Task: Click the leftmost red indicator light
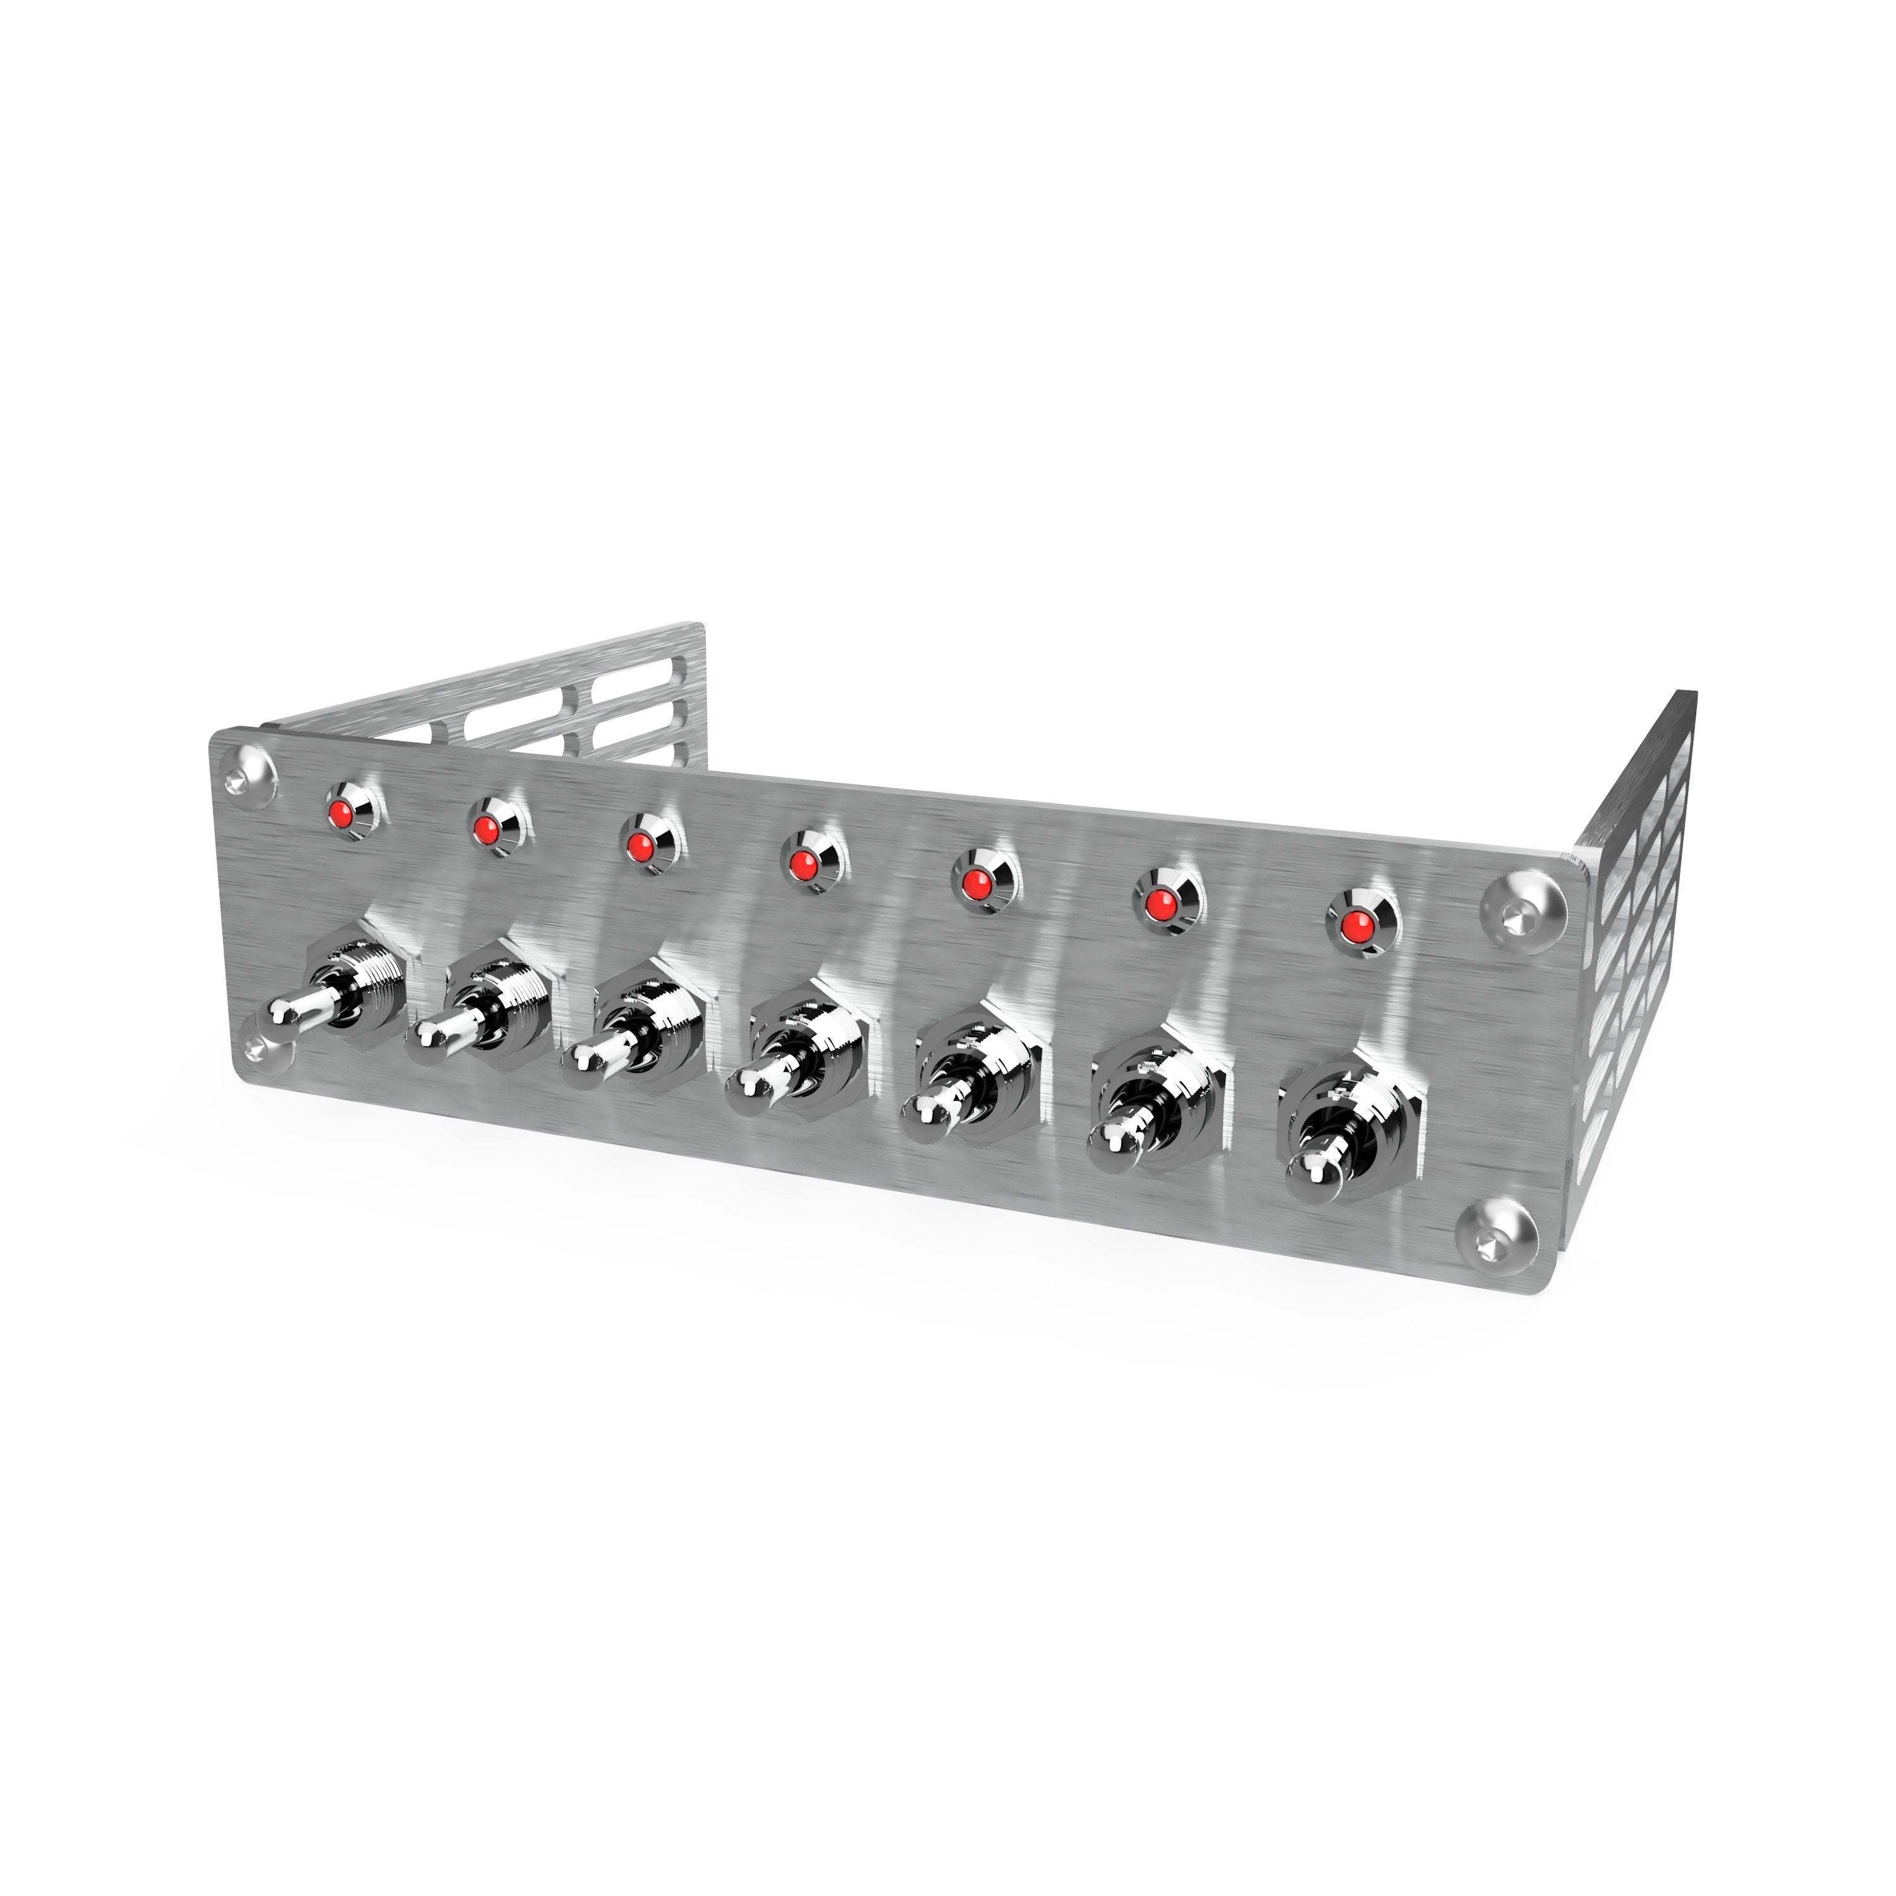[341, 786]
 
